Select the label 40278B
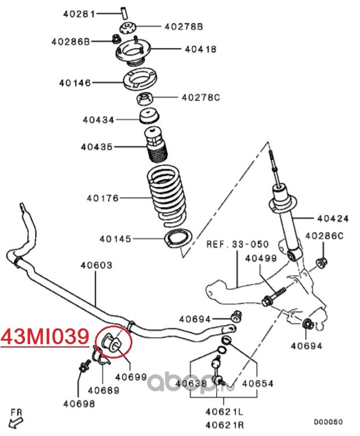pos(184,26)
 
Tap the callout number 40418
pos(201,50)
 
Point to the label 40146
pos(75,83)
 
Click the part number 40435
pos(97,147)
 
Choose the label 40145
pos(116,238)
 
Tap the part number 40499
pos(261,258)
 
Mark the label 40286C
pos(324,236)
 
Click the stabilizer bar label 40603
pos(97,265)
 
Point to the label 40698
pos(79,404)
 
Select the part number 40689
pos(103,390)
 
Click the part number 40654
pos(258,383)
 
